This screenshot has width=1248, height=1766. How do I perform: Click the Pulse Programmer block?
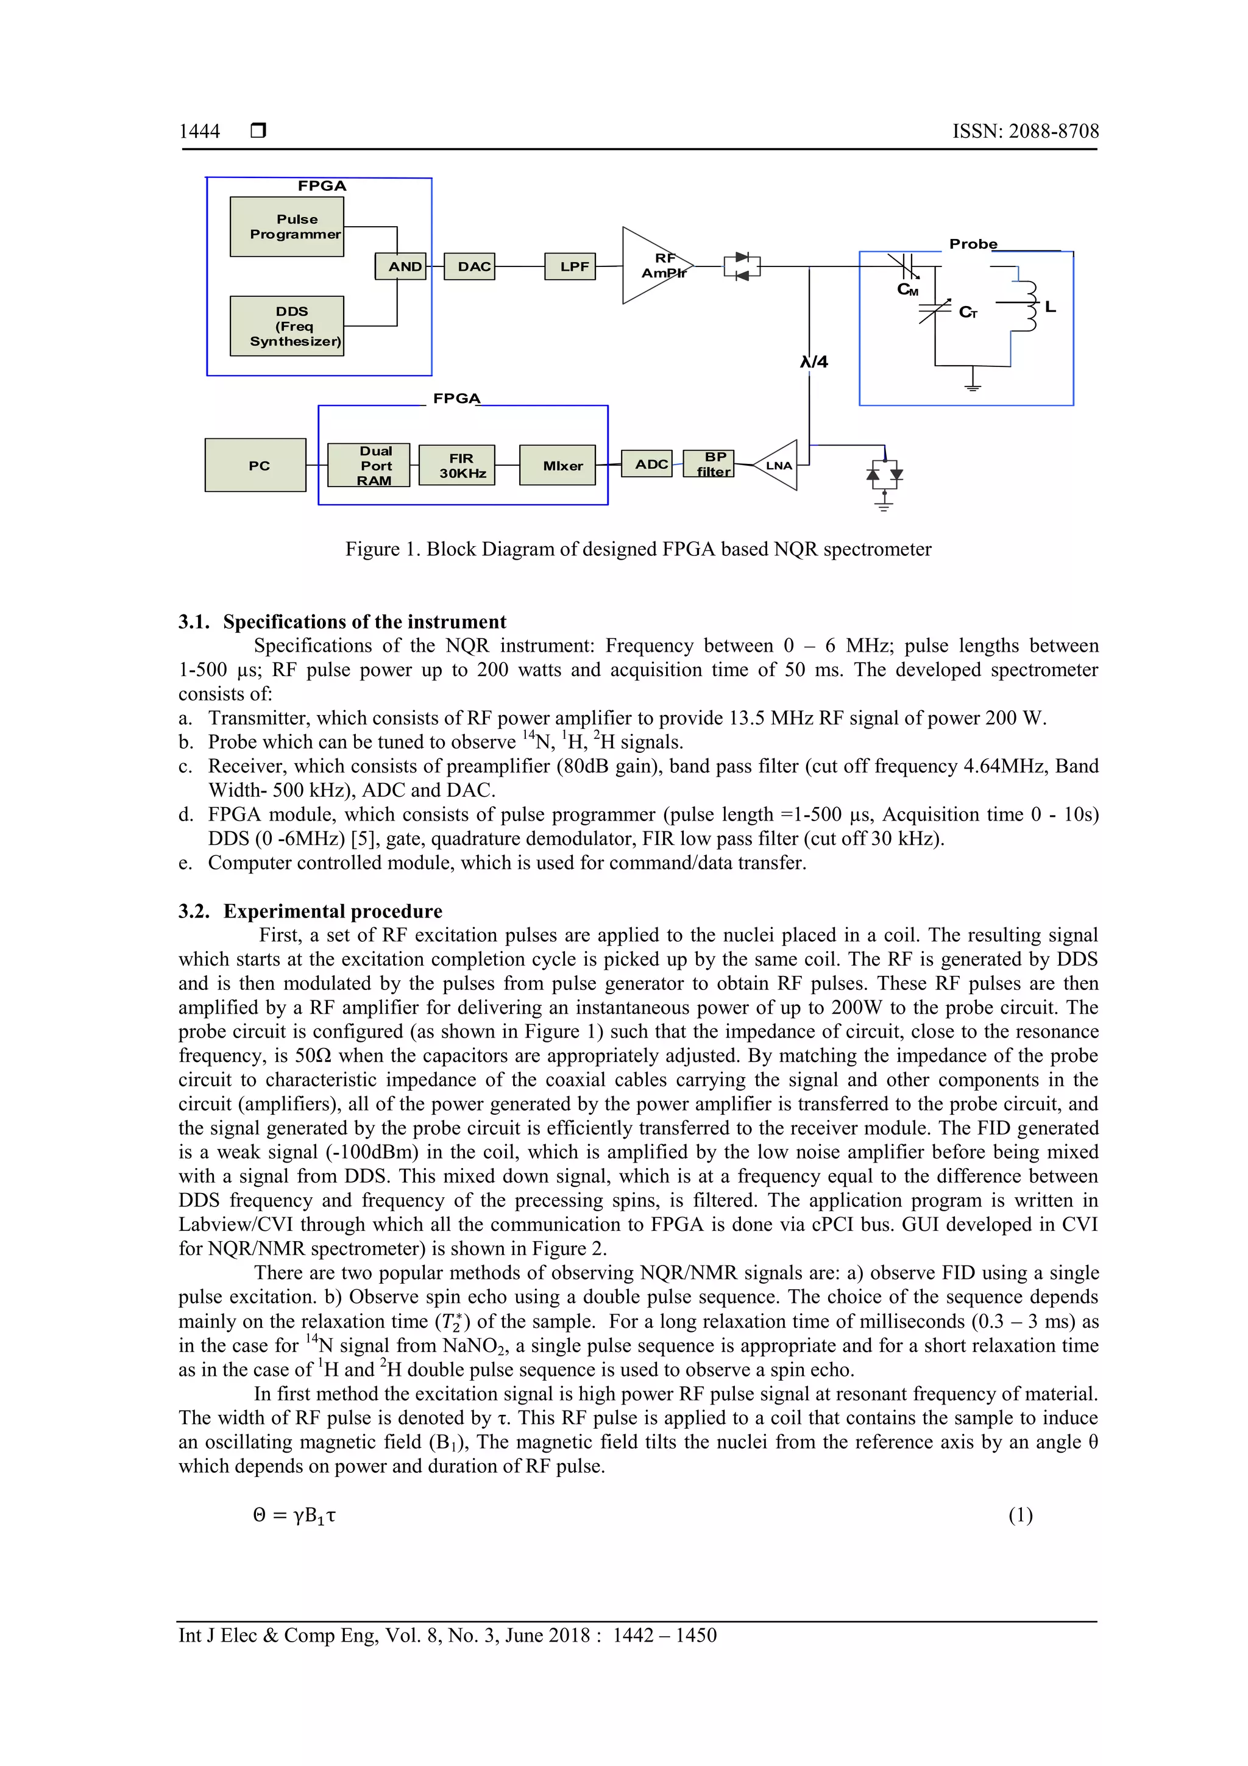coord(287,227)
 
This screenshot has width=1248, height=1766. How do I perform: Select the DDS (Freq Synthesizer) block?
coord(287,326)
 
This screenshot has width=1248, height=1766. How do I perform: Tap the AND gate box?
coord(400,266)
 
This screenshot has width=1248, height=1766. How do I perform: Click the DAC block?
coord(470,266)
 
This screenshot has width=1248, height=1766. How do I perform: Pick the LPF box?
coord(570,266)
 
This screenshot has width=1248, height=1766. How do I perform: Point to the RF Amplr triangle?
coord(652,265)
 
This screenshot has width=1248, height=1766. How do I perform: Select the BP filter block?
coord(708,464)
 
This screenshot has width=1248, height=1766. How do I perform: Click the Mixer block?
coord(558,465)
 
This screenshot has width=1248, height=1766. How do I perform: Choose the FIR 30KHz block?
coord(457,465)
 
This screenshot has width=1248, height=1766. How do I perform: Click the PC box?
coord(255,465)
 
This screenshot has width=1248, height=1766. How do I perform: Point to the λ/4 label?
coord(814,361)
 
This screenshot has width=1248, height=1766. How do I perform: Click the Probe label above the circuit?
coord(973,244)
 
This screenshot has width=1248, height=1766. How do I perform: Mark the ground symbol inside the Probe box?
coord(973,382)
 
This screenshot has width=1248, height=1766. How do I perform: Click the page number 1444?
coord(199,132)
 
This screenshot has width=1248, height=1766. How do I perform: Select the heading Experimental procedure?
coord(332,911)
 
